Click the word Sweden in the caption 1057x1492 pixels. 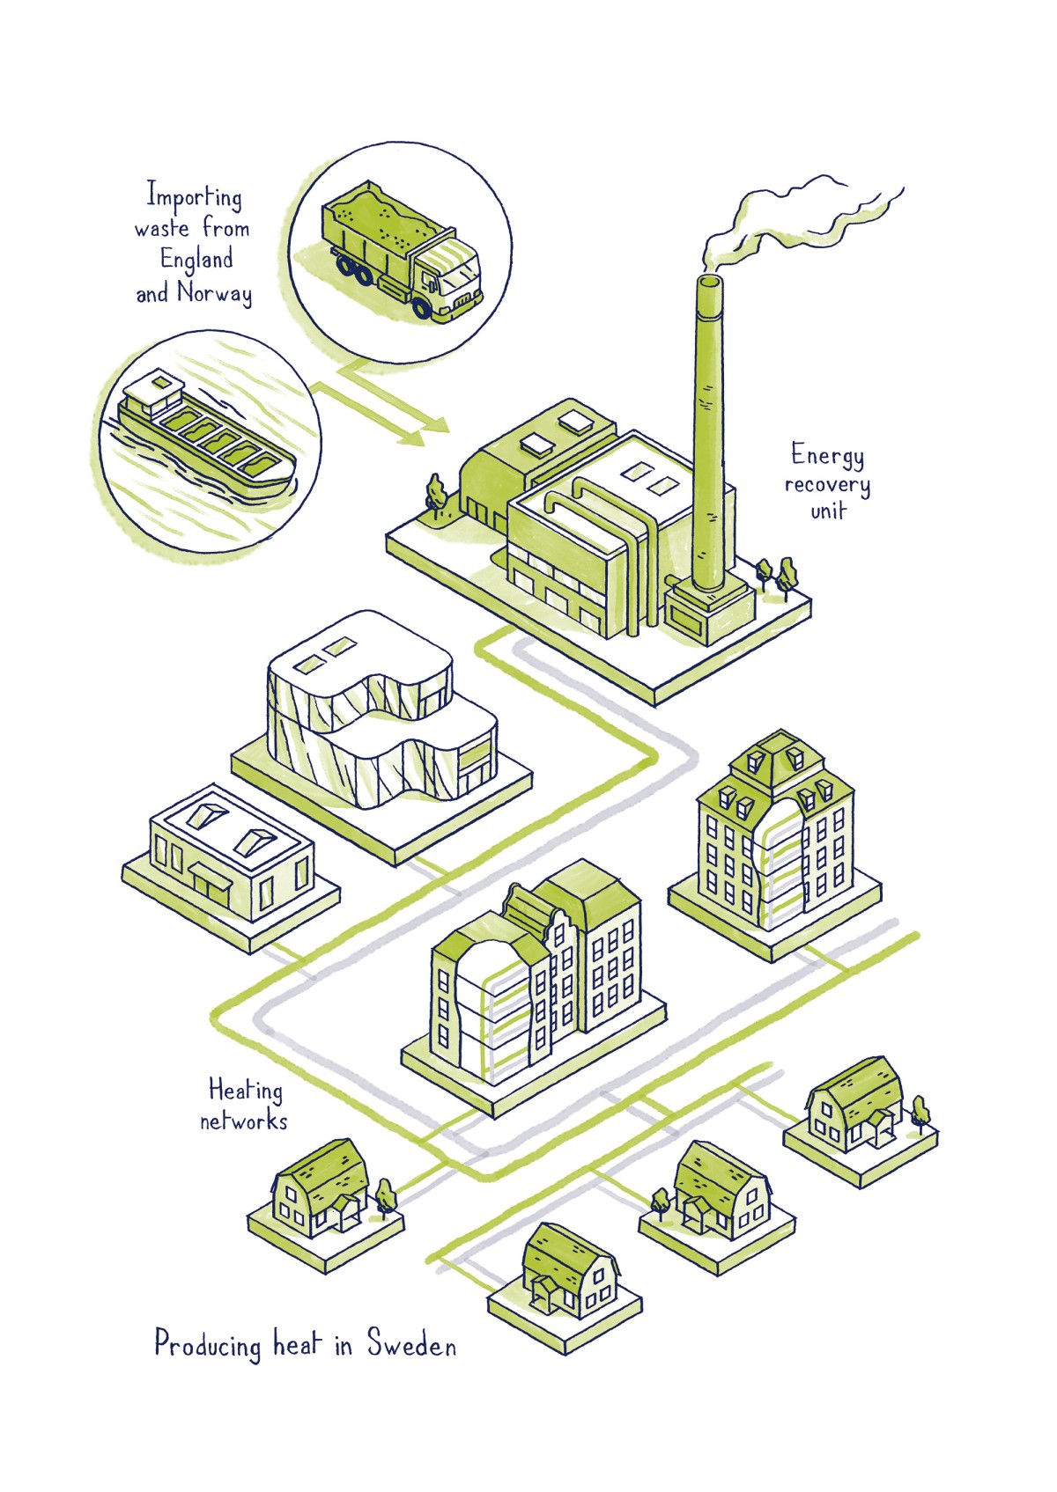point(411,1345)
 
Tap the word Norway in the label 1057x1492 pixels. point(215,292)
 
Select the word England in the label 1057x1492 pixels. point(196,261)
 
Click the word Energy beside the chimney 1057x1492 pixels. point(827,455)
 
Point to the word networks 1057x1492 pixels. point(243,1121)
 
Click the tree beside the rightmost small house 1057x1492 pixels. point(920,1111)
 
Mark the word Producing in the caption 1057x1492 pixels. point(208,1345)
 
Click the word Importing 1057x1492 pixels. point(194,196)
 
